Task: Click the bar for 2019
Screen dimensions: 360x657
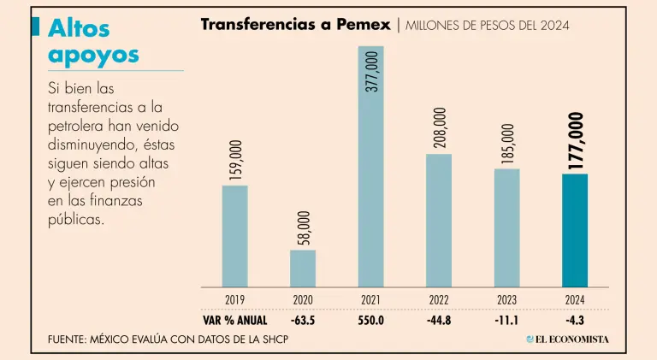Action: [234, 236]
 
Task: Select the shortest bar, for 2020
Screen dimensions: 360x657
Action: [303, 269]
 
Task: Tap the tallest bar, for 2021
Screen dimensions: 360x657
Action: [371, 167]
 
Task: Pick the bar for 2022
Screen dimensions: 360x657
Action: [439, 221]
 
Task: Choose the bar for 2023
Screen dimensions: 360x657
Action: [506, 227]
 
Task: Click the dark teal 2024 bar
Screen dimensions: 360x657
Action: [574, 231]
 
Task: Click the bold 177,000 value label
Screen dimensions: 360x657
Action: [575, 140]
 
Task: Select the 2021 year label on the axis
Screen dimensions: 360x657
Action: [371, 300]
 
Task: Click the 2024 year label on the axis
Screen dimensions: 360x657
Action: [574, 300]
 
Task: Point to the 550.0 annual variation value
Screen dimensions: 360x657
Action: [371, 321]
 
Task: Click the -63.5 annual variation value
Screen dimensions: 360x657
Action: [303, 321]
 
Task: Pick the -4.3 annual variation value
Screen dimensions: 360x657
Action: [574, 321]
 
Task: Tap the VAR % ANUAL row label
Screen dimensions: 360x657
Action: [234, 321]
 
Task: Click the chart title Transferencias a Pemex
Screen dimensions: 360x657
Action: [295, 24]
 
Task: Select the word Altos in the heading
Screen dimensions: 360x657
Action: [79, 28]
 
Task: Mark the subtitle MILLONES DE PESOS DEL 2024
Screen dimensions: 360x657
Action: [487, 26]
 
